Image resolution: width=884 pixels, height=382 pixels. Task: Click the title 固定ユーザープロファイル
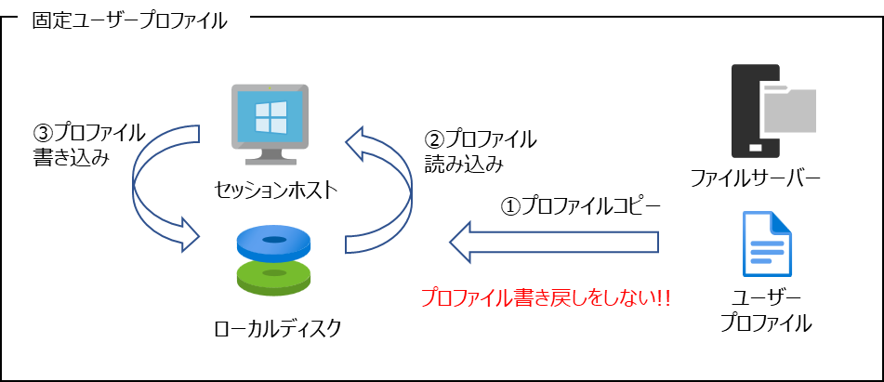pyautogui.click(x=129, y=21)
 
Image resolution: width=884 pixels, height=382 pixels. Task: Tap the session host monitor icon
pyautogui.click(x=270, y=124)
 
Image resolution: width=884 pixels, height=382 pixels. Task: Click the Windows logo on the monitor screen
pyautogui.click(x=270, y=116)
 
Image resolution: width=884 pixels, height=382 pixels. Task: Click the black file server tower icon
pyautogui.click(x=756, y=112)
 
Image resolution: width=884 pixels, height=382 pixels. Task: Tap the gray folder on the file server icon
pyautogui.click(x=788, y=108)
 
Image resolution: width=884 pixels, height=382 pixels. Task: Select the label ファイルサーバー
pyautogui.click(x=756, y=179)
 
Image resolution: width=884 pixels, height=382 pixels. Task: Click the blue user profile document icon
pyautogui.click(x=767, y=244)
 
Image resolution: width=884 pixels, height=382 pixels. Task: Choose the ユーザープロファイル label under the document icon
pyautogui.click(x=767, y=310)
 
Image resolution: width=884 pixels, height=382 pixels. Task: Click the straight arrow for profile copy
pyautogui.click(x=554, y=242)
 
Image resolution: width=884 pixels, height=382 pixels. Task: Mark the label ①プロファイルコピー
pyautogui.click(x=581, y=206)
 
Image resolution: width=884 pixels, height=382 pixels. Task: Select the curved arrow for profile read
pyautogui.click(x=379, y=189)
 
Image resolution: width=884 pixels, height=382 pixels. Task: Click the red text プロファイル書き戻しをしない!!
pyautogui.click(x=545, y=297)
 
